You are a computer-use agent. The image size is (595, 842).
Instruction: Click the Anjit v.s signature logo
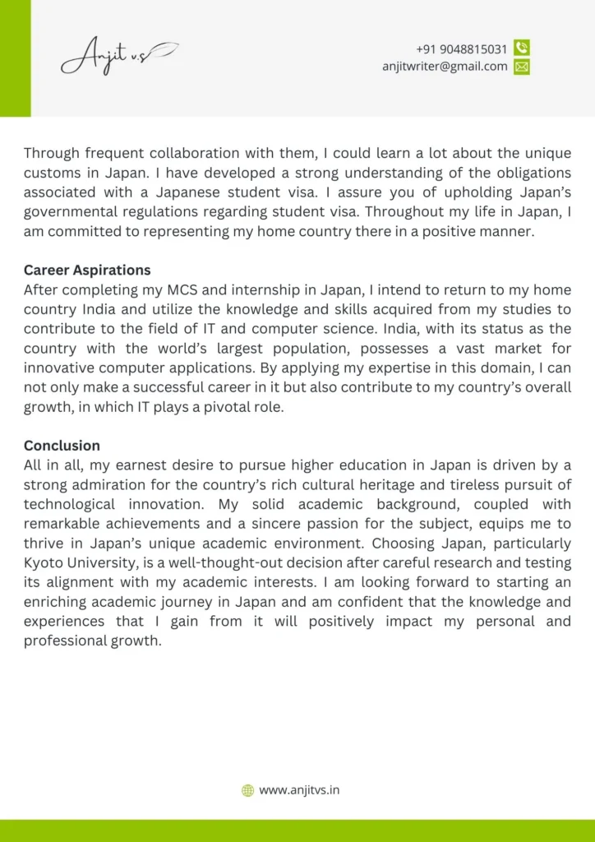pyautogui.click(x=118, y=57)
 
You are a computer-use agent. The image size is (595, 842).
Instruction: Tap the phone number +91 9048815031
pyautogui.click(x=461, y=49)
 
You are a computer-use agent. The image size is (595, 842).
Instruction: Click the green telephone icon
pyautogui.click(x=521, y=49)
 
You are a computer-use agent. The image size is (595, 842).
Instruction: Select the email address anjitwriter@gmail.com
pyautogui.click(x=445, y=67)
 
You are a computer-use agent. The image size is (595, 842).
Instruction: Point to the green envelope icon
pyautogui.click(x=521, y=67)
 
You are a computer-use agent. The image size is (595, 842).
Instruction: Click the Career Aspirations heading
pyautogui.click(x=87, y=270)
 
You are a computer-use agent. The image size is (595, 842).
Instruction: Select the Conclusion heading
pyautogui.click(x=62, y=446)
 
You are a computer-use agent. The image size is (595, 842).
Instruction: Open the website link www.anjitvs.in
pyautogui.click(x=299, y=790)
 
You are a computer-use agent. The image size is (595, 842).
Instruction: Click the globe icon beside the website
pyautogui.click(x=247, y=790)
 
